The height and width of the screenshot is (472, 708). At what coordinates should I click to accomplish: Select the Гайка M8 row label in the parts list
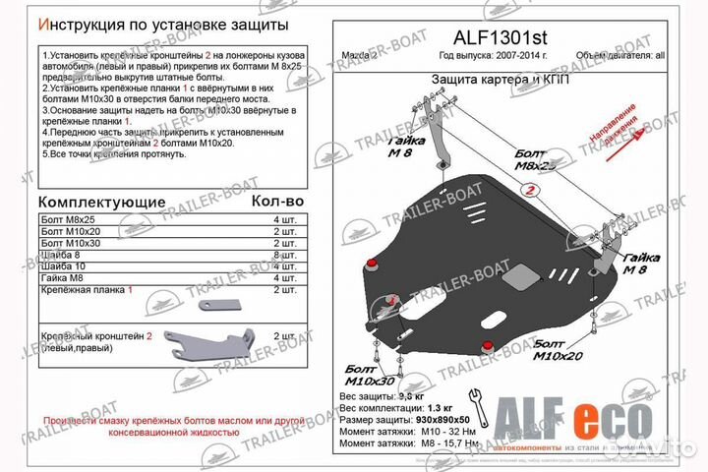tap(65, 277)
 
